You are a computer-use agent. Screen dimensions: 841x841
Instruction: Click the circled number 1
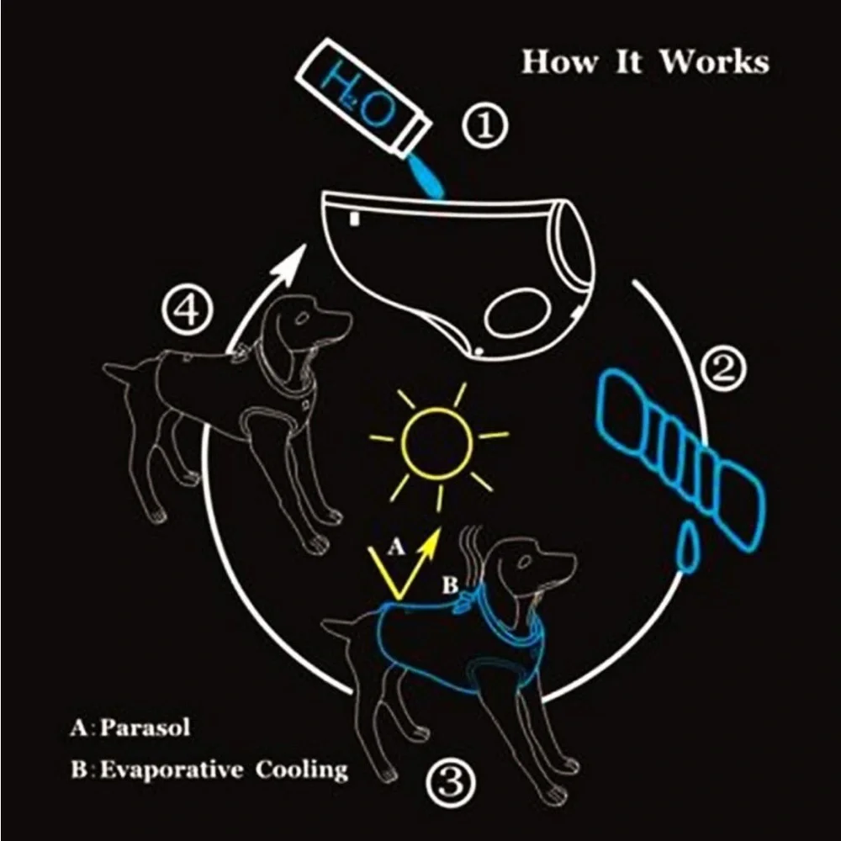point(485,126)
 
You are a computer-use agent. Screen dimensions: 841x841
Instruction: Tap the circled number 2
point(723,370)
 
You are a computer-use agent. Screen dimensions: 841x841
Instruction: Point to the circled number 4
point(188,311)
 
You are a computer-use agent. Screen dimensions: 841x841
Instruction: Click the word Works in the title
point(714,61)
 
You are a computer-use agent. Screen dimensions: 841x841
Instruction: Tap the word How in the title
point(559,61)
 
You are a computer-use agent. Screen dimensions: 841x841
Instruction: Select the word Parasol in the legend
point(145,727)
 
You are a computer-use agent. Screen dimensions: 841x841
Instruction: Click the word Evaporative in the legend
point(172,770)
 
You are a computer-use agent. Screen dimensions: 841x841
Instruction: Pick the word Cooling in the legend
point(301,770)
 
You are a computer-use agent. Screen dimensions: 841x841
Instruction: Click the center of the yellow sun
point(437,443)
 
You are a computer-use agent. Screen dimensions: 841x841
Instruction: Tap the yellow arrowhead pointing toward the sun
point(433,541)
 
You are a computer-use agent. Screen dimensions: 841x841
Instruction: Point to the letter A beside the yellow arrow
point(395,547)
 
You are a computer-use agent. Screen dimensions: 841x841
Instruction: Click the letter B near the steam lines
point(449,585)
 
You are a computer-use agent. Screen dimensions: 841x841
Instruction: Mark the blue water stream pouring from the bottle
point(426,177)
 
